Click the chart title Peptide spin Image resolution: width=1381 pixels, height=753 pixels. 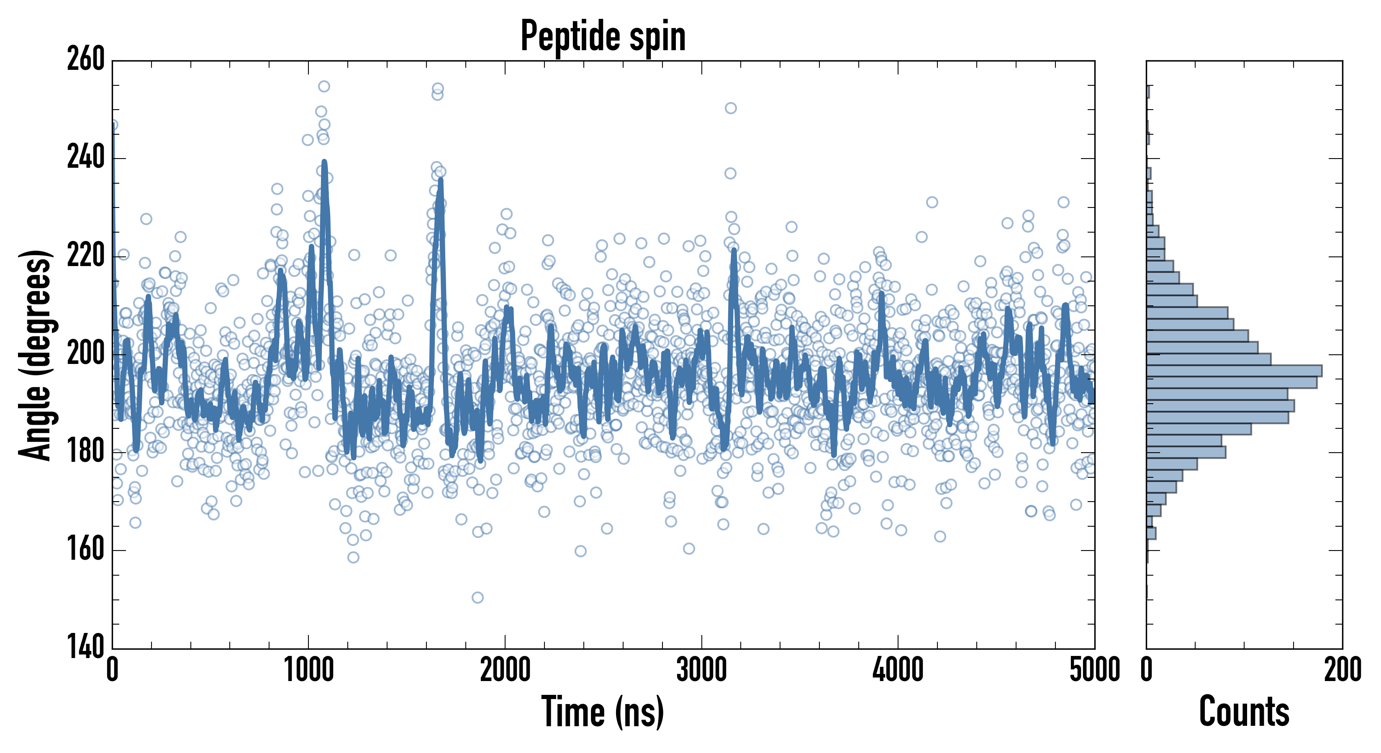click(x=603, y=36)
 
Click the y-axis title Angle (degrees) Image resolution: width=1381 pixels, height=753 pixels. click(x=36, y=355)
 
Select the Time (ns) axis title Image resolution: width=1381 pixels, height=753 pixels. click(x=603, y=711)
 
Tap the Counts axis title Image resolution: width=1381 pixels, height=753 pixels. click(x=1244, y=711)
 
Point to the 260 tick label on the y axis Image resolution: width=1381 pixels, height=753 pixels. click(x=86, y=60)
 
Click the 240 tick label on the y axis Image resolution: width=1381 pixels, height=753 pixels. click(x=86, y=159)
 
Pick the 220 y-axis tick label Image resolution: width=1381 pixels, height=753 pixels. click(x=86, y=256)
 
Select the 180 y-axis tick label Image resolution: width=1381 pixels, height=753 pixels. click(x=86, y=452)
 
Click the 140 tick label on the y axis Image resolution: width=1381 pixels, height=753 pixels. click(x=86, y=648)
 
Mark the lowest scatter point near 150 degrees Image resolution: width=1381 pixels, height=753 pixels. click(x=477, y=597)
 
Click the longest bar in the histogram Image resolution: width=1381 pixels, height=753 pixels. click(x=1233, y=370)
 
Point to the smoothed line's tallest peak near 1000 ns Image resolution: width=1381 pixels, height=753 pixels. click(x=324, y=162)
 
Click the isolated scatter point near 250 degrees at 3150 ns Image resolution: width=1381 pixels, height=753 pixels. click(x=731, y=108)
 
